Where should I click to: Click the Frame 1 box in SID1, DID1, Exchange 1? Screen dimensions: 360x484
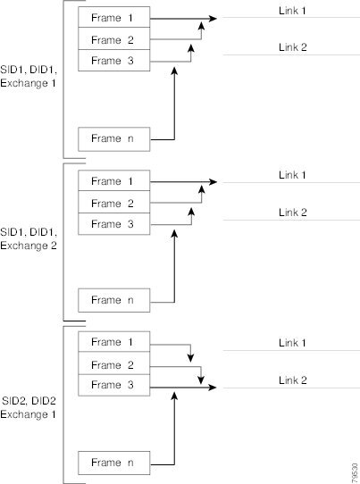[114, 17]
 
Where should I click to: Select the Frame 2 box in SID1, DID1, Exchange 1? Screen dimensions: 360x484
[114, 38]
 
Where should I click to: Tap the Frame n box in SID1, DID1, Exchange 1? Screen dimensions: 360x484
[114, 139]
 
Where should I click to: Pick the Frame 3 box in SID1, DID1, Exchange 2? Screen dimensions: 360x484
[114, 224]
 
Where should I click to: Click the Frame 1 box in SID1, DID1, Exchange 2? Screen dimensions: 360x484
[114, 180]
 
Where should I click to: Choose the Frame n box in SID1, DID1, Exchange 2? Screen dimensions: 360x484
[114, 300]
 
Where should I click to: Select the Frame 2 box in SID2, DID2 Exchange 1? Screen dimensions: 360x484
[114, 363]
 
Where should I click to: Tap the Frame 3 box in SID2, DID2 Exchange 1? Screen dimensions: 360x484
[114, 385]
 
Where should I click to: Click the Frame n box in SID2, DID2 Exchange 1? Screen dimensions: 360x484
[114, 463]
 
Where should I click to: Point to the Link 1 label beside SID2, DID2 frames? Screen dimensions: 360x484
[292, 343]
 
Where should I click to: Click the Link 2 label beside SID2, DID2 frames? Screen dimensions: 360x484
[293, 380]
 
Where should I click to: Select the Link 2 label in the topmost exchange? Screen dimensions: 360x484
[293, 47]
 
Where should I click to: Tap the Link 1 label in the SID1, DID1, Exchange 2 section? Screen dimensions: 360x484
[292, 175]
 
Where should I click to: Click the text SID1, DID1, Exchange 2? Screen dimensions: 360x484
[29, 238]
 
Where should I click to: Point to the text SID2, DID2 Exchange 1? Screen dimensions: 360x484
[29, 407]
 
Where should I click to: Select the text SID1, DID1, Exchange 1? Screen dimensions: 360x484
[29, 76]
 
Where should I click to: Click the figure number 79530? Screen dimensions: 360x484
[355, 473]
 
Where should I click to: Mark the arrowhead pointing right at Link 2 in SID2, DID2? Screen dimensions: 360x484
[213, 387]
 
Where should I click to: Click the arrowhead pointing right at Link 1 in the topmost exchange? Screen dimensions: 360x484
[213, 19]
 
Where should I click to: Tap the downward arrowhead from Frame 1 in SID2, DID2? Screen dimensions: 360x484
[191, 358]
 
